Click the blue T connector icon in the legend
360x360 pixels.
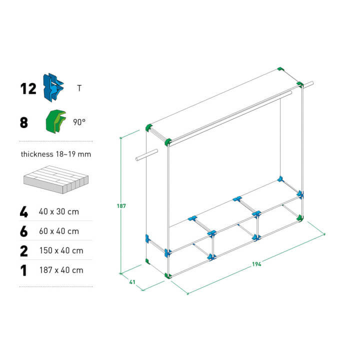[53, 87]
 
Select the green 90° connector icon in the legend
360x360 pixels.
[56, 121]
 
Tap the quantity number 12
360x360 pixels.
[28, 89]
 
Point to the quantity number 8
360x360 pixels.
[24, 122]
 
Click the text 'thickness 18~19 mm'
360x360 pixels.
[56, 154]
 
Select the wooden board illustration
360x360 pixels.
[56, 179]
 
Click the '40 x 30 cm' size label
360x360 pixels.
[59, 211]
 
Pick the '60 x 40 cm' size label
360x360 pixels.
[59, 231]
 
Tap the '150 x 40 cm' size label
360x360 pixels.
[61, 250]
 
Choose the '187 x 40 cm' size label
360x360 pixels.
[61, 270]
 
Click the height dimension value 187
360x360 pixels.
[121, 206]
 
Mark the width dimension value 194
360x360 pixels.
[256, 264]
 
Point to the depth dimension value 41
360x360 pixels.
[132, 282]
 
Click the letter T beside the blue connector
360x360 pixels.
[79, 88]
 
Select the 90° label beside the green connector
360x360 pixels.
[79, 122]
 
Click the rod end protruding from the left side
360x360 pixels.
[137, 159]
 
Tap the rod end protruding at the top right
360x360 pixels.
[312, 83]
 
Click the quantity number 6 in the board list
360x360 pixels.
[24, 231]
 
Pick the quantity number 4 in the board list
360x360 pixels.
[24, 212]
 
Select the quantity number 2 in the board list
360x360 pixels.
[24, 251]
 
